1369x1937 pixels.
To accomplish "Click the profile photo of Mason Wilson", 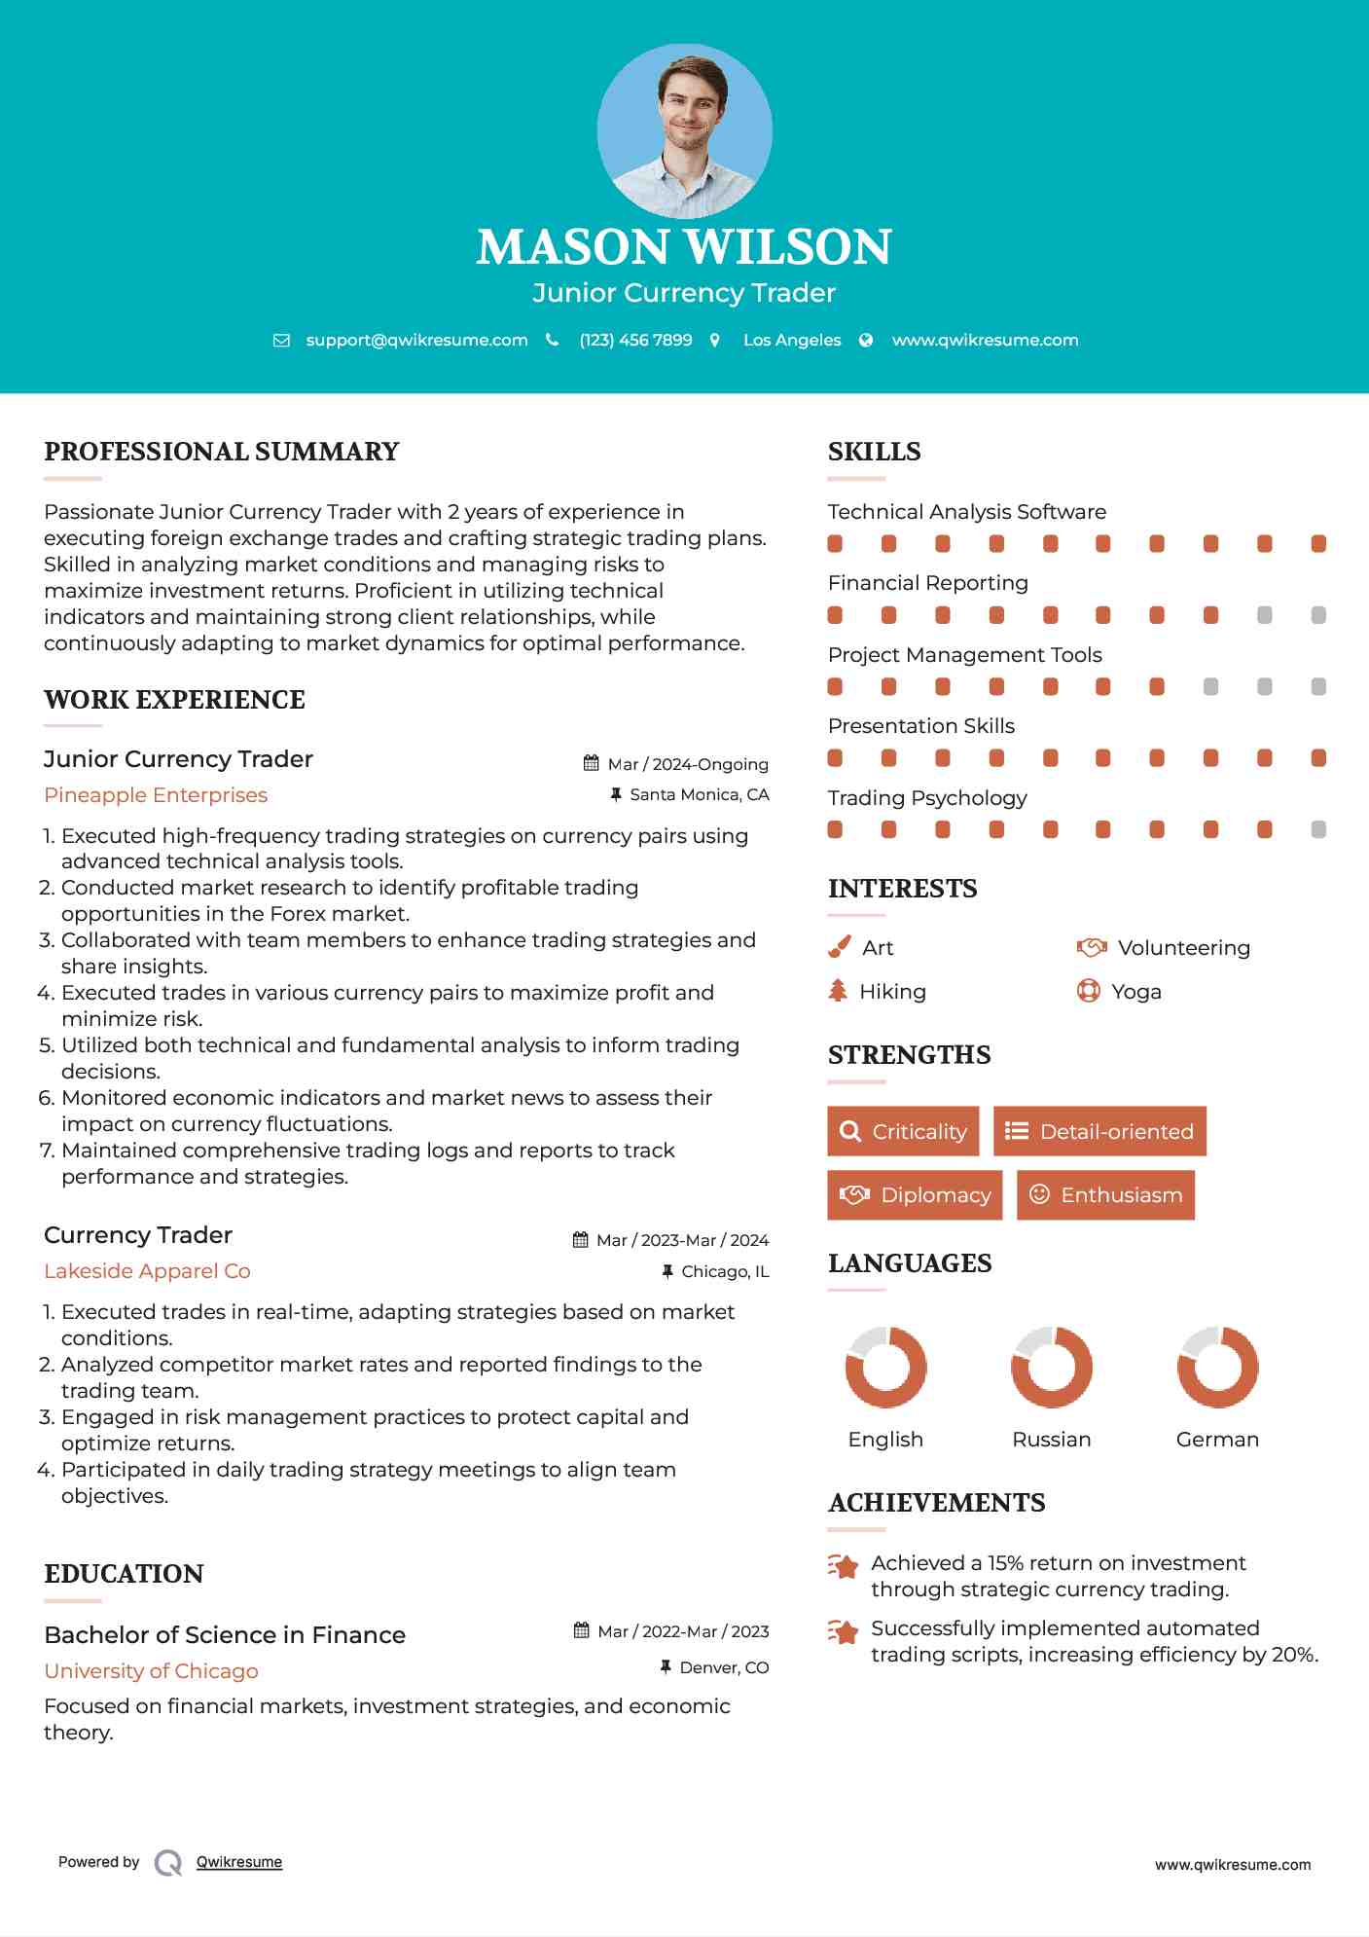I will coord(684,130).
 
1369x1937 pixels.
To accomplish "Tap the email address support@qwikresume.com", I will coord(416,340).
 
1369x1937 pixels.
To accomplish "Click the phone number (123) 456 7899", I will coord(635,340).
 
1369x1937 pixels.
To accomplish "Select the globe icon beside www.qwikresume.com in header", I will coord(866,340).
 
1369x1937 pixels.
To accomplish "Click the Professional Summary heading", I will coord(222,452).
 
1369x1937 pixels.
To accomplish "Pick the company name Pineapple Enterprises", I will coord(156,795).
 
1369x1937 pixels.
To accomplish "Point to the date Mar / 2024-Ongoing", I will coord(687,764).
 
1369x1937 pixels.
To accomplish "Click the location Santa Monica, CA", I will coord(699,794).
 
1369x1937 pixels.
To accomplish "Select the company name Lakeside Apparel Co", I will coord(147,1271).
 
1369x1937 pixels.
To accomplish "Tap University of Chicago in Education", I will coord(151,1671).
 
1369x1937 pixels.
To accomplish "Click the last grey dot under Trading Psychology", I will coord(1318,829).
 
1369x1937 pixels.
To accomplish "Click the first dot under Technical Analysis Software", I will coord(835,543).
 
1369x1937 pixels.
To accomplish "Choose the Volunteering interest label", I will coord(1183,948).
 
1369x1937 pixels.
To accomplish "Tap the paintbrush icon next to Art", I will coord(839,947).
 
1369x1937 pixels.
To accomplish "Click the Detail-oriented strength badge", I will coord(1099,1131).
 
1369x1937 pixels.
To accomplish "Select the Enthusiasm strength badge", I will coord(1105,1194).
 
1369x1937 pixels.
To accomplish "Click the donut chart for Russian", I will coord(1051,1367).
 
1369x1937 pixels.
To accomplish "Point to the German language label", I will coord(1217,1440).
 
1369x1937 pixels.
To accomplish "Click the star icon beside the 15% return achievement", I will coord(843,1566).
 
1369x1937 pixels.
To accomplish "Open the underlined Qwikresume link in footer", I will coord(239,1862).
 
